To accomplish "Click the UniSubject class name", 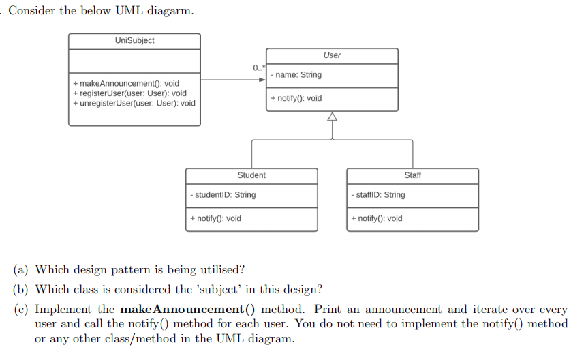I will [134, 41].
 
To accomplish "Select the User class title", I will [332, 55].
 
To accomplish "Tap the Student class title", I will [251, 175].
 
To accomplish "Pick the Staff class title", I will [412, 175].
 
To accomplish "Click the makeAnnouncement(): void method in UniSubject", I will [126, 84].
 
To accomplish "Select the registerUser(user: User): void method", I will [129, 93].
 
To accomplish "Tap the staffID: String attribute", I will [377, 195].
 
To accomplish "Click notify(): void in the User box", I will [296, 99].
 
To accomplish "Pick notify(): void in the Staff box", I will [376, 219].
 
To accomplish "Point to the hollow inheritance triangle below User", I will [332, 117].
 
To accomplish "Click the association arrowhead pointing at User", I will [262, 80].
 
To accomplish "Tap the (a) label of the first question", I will [21, 270].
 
